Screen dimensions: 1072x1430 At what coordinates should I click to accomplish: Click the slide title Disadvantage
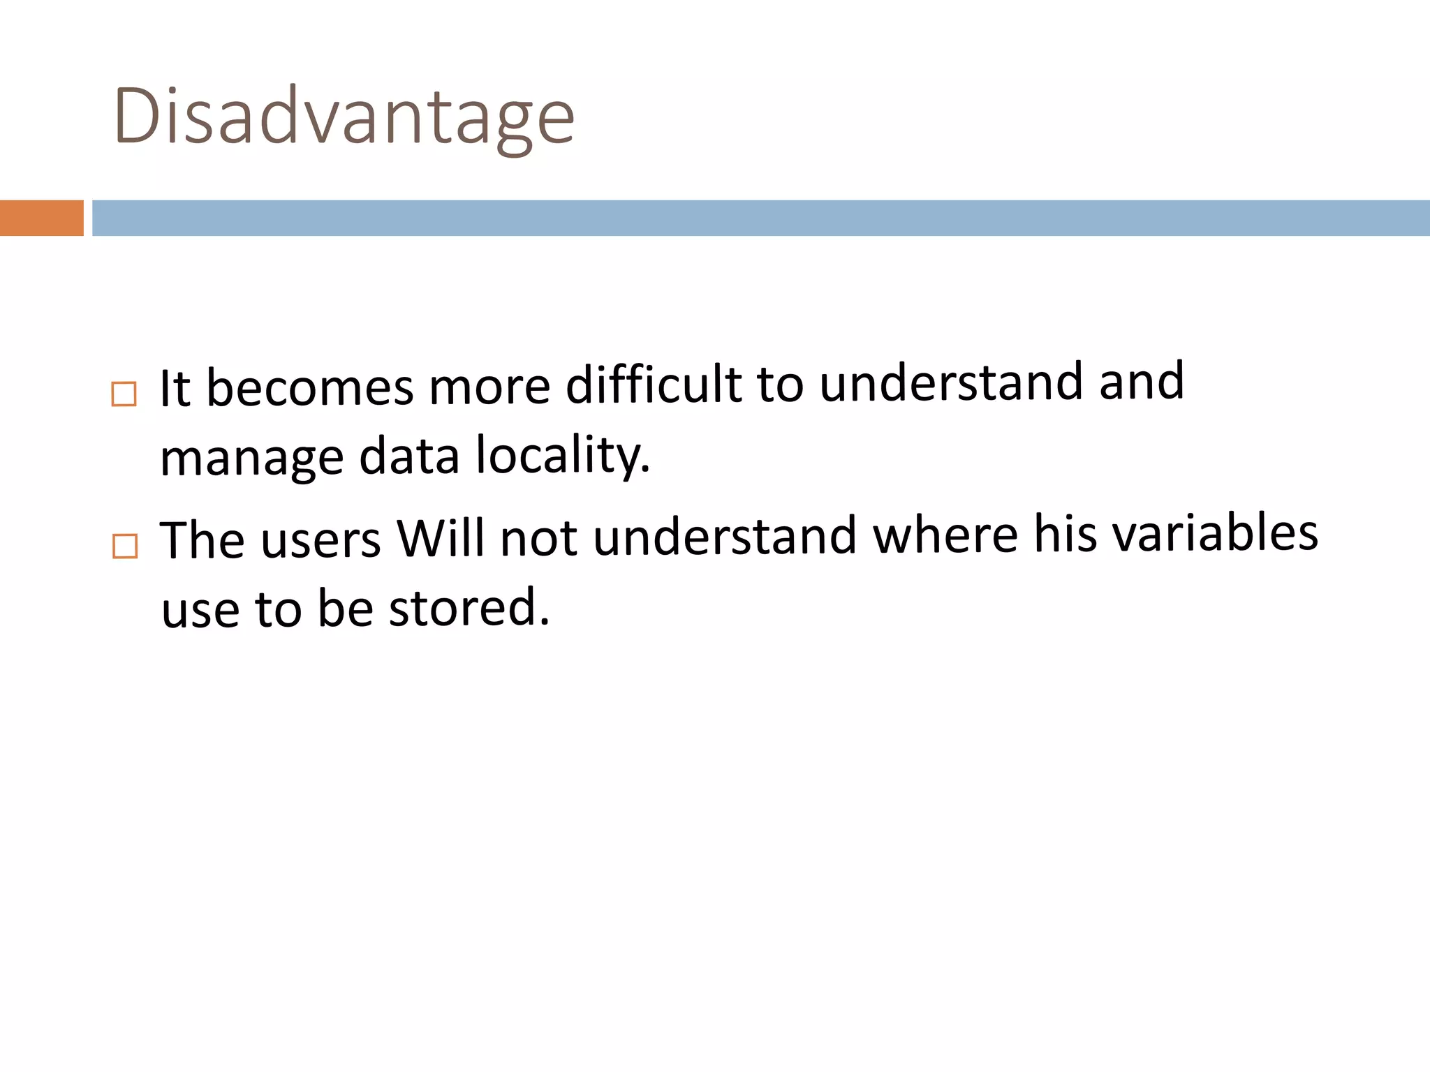pyautogui.click(x=344, y=116)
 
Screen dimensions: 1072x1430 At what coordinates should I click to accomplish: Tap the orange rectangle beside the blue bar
pyautogui.click(x=41, y=218)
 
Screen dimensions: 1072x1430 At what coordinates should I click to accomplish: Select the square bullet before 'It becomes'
pyautogui.click(x=124, y=394)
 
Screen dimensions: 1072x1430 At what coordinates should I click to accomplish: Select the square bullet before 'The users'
pyautogui.click(x=125, y=546)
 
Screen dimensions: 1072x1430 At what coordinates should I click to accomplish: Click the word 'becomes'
pyautogui.click(x=310, y=388)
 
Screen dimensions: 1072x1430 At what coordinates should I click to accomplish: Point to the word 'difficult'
pyautogui.click(x=653, y=385)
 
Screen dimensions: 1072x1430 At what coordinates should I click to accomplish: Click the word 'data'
pyautogui.click(x=409, y=456)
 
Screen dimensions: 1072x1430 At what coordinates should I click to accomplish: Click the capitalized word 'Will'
pyautogui.click(x=440, y=539)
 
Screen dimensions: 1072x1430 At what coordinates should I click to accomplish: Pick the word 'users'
pyautogui.click(x=320, y=540)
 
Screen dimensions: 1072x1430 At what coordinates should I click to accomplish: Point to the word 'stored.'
pyautogui.click(x=469, y=607)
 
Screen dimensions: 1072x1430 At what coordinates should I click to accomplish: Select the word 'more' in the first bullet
pyautogui.click(x=489, y=387)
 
